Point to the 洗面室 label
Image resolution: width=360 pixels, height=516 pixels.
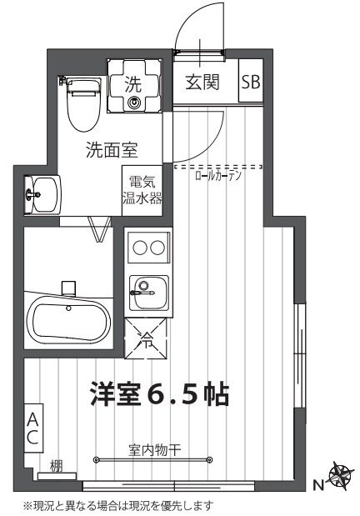tap(112, 151)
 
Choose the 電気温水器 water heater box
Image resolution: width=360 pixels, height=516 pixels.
tap(142, 191)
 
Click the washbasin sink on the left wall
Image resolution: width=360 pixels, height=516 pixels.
tap(40, 195)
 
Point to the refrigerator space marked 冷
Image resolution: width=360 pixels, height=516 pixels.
tap(147, 339)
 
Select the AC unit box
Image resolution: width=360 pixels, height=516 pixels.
tap(32, 428)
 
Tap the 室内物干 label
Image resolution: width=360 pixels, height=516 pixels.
tap(155, 448)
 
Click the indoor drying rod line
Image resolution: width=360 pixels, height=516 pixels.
tap(154, 458)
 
